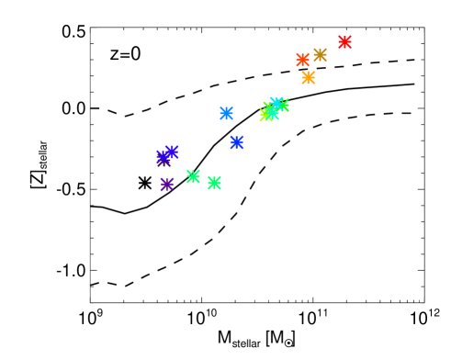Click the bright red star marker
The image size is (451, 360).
344,42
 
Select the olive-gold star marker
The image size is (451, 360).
320,55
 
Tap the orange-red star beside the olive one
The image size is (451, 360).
302,61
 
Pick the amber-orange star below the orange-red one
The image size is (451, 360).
308,78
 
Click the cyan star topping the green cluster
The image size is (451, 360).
276,104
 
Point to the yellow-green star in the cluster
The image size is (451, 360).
266,115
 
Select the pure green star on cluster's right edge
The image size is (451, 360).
282,106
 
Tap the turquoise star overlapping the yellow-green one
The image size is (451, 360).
271,111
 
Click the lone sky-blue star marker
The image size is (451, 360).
226,114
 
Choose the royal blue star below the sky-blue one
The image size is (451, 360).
237,142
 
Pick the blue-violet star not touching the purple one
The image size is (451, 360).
172,152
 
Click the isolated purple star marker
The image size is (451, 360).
167,185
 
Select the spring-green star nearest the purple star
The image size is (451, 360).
193,176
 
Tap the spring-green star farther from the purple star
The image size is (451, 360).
214,183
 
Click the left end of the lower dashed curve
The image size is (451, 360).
92,285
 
